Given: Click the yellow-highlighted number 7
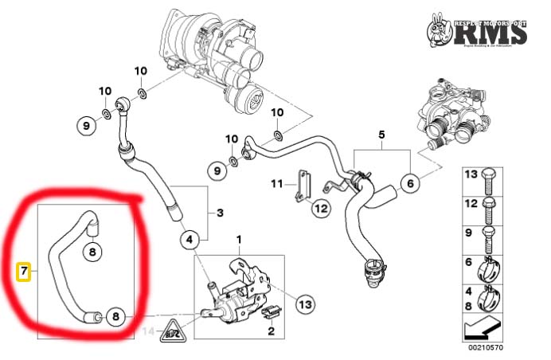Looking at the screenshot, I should tap(24, 272).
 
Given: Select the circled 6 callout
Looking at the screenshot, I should tap(410, 184).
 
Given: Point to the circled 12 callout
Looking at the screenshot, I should tap(320, 209).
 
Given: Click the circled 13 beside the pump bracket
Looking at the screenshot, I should tap(307, 303).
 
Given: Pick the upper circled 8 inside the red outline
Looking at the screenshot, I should tap(92, 252).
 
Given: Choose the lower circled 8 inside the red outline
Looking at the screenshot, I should tap(115, 317).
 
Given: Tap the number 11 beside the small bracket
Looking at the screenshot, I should tap(276, 185).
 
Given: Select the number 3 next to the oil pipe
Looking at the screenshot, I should tap(220, 213).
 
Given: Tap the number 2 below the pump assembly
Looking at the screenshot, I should tap(271, 331).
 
